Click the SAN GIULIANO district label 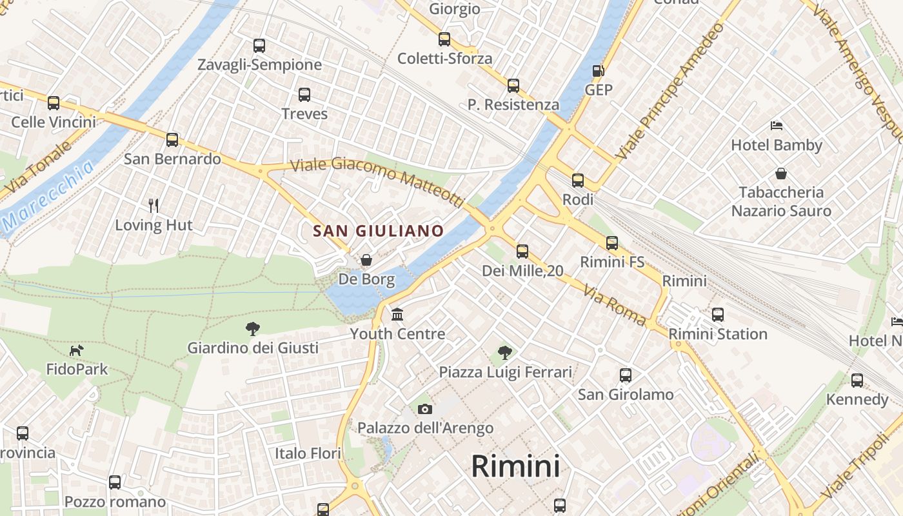(x=379, y=231)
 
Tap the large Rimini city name (x=515, y=466)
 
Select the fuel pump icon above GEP (x=599, y=71)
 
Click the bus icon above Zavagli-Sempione (x=259, y=46)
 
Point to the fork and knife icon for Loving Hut (x=154, y=206)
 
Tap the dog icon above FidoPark (x=77, y=350)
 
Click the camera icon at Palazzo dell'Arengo (x=424, y=409)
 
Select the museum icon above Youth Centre (x=397, y=315)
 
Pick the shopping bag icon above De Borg (x=366, y=260)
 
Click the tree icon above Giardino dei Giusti (x=253, y=329)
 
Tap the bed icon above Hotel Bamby (x=777, y=126)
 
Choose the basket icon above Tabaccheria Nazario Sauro (x=781, y=174)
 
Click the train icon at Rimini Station (x=718, y=315)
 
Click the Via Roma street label (x=615, y=304)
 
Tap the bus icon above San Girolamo (x=625, y=375)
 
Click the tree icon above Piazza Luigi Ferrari (x=505, y=353)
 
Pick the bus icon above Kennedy (x=857, y=381)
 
